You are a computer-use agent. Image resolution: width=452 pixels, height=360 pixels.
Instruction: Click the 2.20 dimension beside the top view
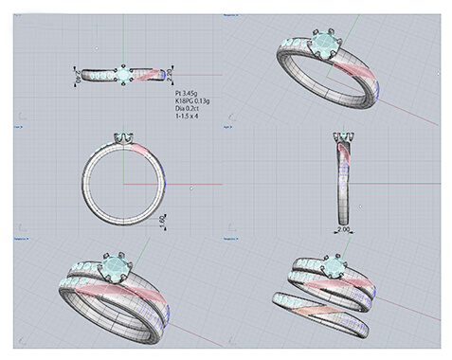[171, 73]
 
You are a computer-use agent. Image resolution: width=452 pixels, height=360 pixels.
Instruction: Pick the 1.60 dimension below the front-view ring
[164, 220]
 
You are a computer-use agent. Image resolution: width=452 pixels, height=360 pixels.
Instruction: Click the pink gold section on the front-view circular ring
[140, 152]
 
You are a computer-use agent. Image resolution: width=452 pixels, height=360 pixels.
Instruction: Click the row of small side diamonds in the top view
[99, 74]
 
